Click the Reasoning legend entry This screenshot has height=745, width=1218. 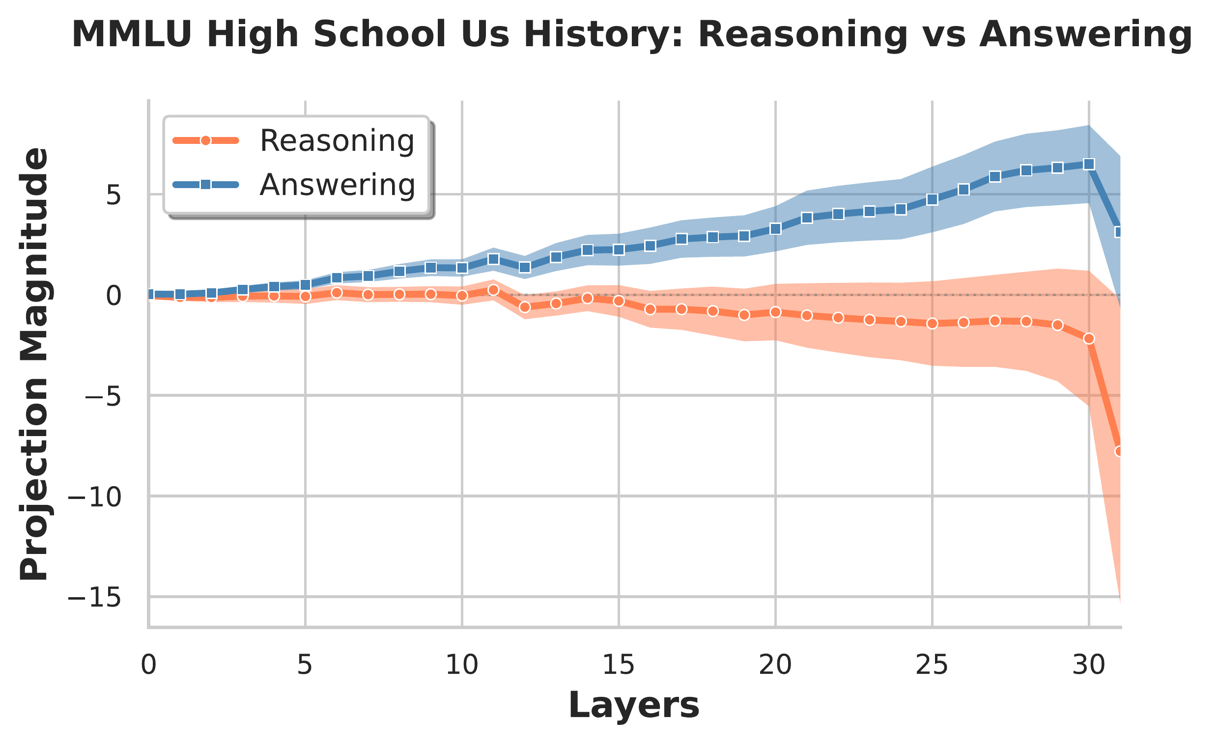pos(336,141)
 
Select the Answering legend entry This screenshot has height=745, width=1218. pos(336,185)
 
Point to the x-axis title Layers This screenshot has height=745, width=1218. pos(634,706)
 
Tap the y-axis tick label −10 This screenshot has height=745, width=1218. pos(94,497)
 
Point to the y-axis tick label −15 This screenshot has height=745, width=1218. pos(94,598)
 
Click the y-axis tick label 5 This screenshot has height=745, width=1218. pos(113,195)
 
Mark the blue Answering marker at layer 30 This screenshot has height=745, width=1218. pos(1088,164)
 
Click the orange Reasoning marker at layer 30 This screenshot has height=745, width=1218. pos(1088,338)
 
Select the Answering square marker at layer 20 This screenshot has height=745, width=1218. pos(775,229)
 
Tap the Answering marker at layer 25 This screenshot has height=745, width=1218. pos(932,199)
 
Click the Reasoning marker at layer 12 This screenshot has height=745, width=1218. pos(524,307)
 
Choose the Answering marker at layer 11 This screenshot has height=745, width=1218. pos(493,259)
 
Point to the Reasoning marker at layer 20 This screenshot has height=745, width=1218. pos(775,312)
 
